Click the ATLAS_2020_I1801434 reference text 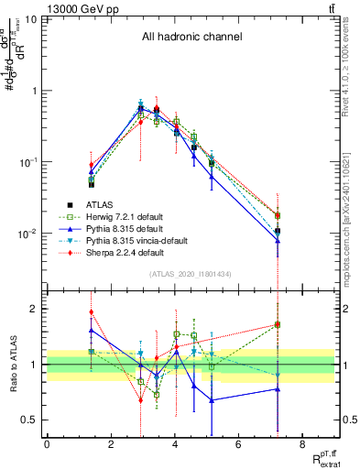click(191, 274)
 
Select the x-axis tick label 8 click(301, 445)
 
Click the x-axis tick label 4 click(174, 445)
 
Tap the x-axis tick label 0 click(47, 445)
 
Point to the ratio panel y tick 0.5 click(31, 420)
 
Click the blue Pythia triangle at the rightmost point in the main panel click(277, 241)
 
